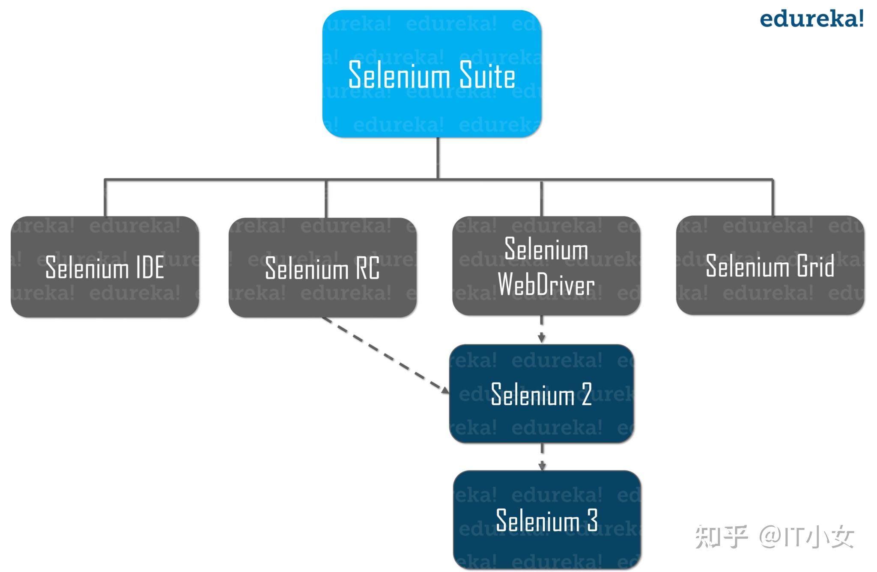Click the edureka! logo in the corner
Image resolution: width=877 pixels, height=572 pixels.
point(811,20)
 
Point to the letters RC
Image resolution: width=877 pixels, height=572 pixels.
point(367,269)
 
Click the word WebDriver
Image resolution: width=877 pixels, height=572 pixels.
point(546,285)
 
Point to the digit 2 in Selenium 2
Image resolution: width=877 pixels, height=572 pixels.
point(586,394)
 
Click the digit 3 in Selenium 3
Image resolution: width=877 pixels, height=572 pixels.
point(592,521)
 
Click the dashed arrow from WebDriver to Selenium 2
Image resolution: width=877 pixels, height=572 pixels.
point(542,329)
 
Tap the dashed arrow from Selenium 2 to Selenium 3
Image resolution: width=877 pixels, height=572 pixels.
point(542,456)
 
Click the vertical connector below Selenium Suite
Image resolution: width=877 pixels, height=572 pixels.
point(438,157)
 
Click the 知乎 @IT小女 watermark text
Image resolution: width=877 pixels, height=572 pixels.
point(774,537)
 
